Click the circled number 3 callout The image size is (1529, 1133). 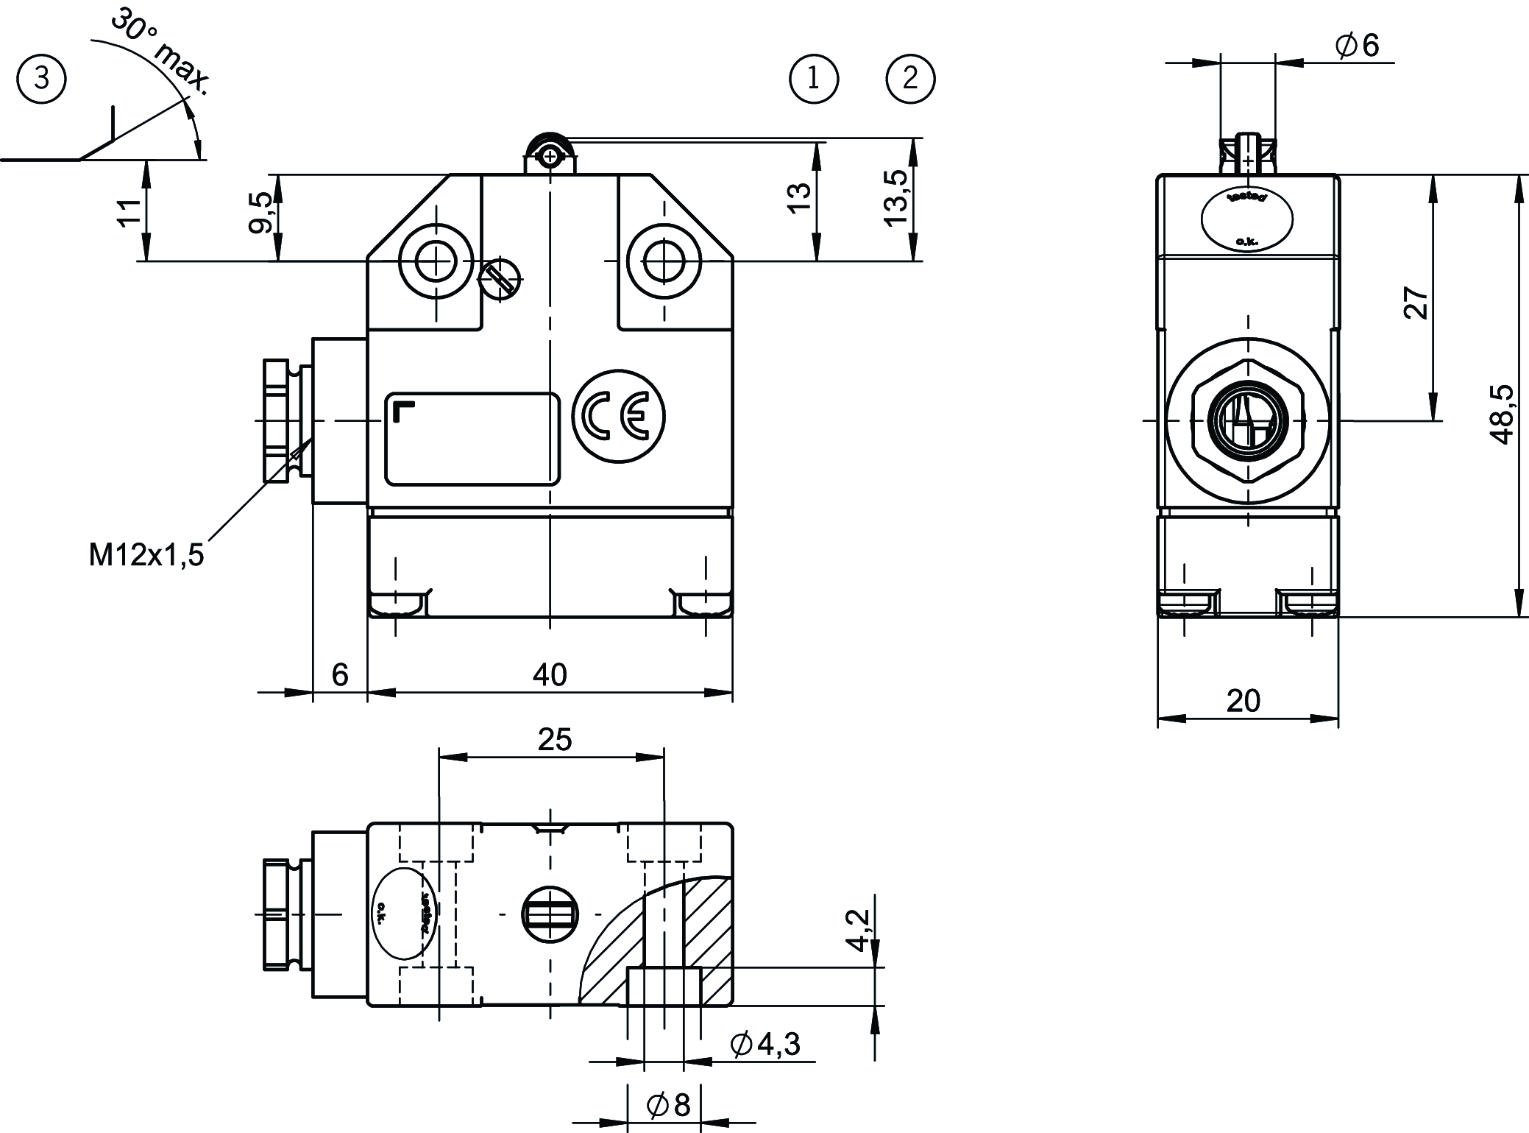(x=41, y=77)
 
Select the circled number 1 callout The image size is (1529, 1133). (x=813, y=78)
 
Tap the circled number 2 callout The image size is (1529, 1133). (x=910, y=78)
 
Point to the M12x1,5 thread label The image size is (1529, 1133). (x=146, y=554)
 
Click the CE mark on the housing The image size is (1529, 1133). (x=619, y=417)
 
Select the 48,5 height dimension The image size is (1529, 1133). (x=1502, y=414)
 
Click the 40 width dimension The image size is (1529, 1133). (x=550, y=674)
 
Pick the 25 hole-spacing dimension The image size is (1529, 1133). (x=554, y=740)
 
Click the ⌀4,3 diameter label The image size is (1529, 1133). (x=764, y=1043)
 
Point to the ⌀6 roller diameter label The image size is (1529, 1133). (x=1357, y=46)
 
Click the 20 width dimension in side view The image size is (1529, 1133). (x=1244, y=701)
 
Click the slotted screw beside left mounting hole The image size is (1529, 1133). (x=500, y=279)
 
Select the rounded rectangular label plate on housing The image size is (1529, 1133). (x=472, y=439)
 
